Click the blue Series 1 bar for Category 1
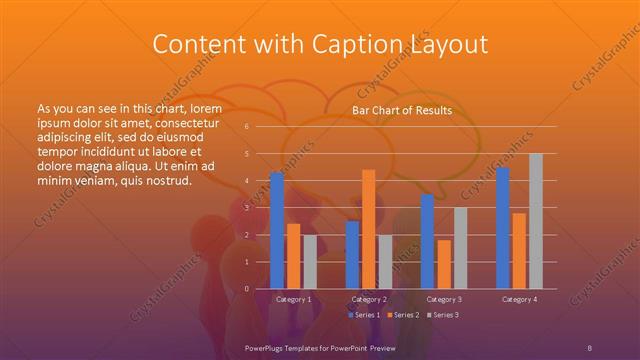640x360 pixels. [x=277, y=230]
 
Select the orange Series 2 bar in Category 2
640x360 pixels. [x=369, y=229]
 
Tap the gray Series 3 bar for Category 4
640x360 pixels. [x=536, y=221]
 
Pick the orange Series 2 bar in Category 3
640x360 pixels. [x=444, y=264]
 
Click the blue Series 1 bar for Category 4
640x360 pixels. [x=503, y=228]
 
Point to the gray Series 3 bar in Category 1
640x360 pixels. [x=310, y=262]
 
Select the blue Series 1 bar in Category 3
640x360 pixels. [x=428, y=241]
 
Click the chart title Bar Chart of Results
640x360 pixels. [x=402, y=110]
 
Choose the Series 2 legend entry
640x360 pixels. [x=403, y=315]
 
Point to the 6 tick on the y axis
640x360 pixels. [x=247, y=127]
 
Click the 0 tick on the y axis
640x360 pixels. [x=247, y=289]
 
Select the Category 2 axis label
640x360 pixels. [x=369, y=299]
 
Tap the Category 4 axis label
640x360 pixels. [x=519, y=299]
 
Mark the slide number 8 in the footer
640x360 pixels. [x=590, y=347]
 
